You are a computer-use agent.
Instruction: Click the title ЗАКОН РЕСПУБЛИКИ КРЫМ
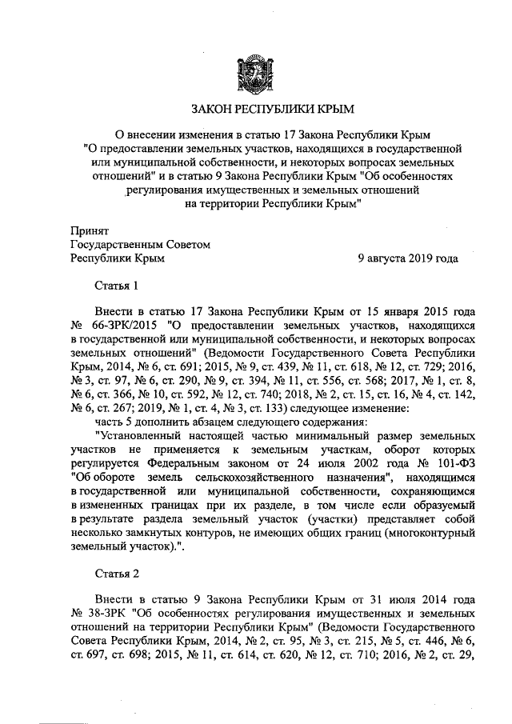pyautogui.click(x=255, y=109)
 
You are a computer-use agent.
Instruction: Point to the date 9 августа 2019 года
pyautogui.click(x=407, y=258)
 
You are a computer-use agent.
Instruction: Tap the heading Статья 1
pyautogui.click(x=117, y=286)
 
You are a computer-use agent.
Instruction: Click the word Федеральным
pyautogui.click(x=175, y=465)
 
